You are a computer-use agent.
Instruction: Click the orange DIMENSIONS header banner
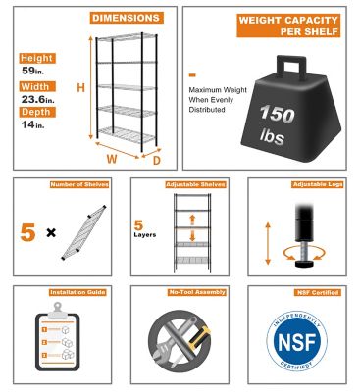(128, 18)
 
